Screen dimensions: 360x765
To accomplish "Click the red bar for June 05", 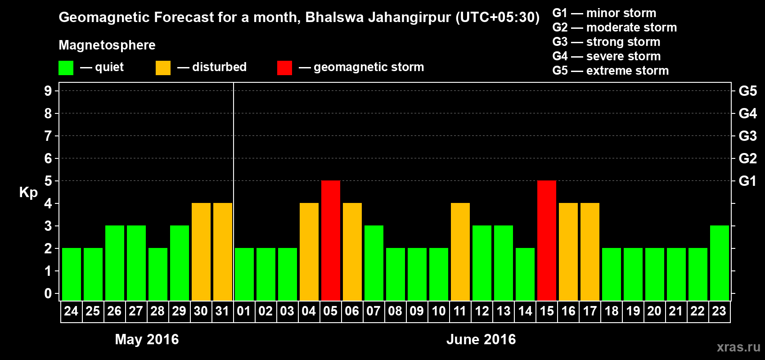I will tap(331, 240).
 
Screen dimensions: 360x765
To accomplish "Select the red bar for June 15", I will tap(547, 240).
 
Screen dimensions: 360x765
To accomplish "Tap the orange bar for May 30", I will tap(201, 252).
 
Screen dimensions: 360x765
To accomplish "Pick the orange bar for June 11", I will tap(460, 252).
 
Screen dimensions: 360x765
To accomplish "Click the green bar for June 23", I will tap(720, 263).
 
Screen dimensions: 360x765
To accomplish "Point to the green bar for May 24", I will tap(72, 274).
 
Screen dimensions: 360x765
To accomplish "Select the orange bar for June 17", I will tap(590, 252).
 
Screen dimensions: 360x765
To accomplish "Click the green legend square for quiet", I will tap(66, 68).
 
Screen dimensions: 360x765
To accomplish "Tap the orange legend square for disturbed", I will tap(163, 68).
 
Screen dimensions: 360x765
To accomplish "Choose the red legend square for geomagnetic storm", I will tap(284, 68).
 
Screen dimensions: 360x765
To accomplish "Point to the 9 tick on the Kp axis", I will tap(48, 91).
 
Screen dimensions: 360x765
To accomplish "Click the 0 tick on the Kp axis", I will tap(48, 293).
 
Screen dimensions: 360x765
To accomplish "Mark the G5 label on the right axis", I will tap(747, 91).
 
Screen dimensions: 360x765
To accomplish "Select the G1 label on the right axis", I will tap(747, 181).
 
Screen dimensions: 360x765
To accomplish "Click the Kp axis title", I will tap(28, 192).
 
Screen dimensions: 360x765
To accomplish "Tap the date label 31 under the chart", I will tap(222, 311).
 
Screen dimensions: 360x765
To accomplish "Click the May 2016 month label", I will tap(147, 339).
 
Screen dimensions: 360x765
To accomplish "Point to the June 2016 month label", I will tap(481, 339).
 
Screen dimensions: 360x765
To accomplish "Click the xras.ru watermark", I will tap(738, 347).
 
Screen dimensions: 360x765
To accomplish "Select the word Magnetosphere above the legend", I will tap(107, 45).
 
